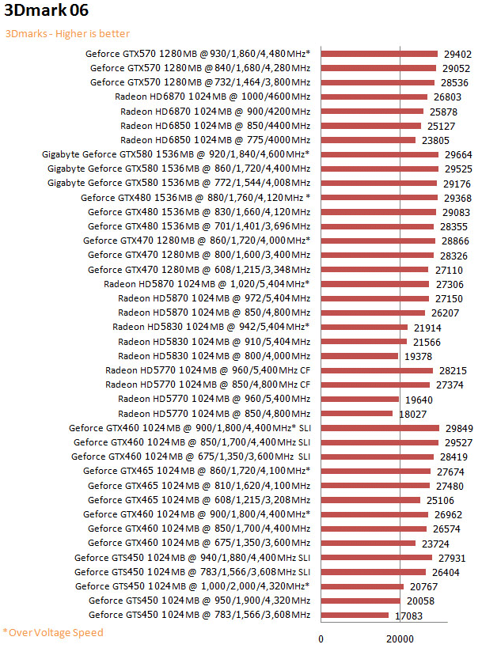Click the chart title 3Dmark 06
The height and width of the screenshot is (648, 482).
46,11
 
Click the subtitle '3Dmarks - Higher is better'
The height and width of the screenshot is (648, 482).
67,34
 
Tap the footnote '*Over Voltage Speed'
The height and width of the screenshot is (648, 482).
53,632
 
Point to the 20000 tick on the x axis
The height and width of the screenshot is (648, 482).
400,639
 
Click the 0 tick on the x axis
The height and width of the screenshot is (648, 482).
321,639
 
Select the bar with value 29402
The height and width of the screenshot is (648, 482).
379,54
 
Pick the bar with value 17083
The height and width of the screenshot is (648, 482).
355,615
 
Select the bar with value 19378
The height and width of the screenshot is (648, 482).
359,356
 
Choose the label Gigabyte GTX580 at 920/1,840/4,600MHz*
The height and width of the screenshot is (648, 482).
176,154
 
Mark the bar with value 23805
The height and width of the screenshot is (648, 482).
367,140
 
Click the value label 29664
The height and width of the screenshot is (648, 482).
458,154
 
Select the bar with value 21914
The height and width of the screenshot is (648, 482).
364,327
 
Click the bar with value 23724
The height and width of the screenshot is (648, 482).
367,543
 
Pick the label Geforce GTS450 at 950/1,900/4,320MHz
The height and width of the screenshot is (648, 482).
199,601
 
